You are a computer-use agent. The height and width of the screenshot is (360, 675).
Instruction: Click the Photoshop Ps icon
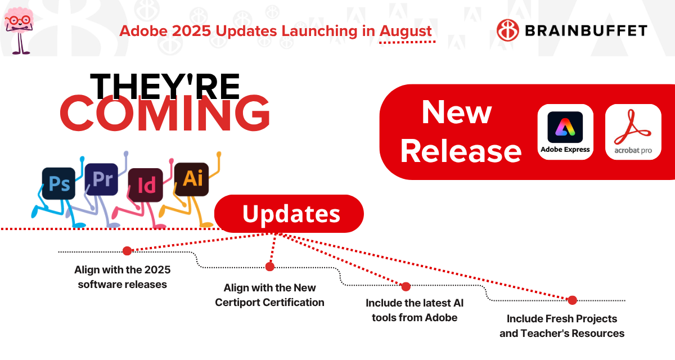pos(58,183)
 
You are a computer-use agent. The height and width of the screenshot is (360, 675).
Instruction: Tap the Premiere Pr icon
pos(102,179)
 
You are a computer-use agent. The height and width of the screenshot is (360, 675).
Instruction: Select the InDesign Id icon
pos(146,185)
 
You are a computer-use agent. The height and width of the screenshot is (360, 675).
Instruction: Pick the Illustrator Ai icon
pos(192,179)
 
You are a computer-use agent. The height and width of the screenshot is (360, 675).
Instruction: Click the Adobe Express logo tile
pos(565,132)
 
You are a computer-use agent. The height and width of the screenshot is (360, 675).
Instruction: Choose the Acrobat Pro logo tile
pos(633,132)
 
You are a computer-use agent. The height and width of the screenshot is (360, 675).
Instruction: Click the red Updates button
pos(289,214)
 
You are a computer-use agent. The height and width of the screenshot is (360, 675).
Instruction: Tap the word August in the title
pos(406,31)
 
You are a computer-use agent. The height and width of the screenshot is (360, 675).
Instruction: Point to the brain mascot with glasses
pos(19,30)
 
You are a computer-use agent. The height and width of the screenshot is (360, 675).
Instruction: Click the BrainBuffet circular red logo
pos(508,30)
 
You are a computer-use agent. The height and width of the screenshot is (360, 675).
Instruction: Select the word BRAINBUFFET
pos(586,31)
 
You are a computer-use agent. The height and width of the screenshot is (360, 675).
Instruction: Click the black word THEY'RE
pos(165,87)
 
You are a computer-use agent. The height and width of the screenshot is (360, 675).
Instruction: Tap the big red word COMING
pos(165,113)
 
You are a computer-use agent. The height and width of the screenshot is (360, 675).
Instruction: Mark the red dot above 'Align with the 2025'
pos(127,251)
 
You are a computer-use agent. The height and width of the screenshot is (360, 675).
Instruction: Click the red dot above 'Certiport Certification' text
pos(269,266)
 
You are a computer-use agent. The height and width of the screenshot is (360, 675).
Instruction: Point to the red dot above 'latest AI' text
pos(406,286)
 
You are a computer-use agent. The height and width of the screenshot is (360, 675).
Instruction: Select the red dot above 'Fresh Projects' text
pos(572,300)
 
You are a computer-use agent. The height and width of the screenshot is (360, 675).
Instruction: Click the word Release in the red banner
pos(461,151)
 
